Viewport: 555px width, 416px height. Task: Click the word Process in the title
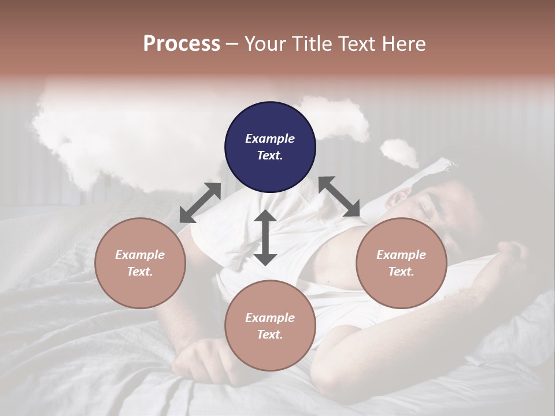point(182,44)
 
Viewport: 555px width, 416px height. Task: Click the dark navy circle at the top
point(270,147)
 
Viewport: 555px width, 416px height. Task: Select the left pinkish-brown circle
point(140,263)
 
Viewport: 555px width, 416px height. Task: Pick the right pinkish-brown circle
point(401,263)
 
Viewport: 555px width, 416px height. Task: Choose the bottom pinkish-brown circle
point(270,326)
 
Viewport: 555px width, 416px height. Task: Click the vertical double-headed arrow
point(265,237)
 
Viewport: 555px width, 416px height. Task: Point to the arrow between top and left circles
point(200,202)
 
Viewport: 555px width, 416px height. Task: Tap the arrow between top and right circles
point(339,196)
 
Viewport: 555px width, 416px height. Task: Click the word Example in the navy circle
point(270,139)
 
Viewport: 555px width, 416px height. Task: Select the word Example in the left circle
point(140,255)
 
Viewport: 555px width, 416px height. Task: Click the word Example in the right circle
point(401,255)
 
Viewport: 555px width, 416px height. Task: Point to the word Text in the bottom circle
point(270,335)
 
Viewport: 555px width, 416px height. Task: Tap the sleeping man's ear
point(399,199)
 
